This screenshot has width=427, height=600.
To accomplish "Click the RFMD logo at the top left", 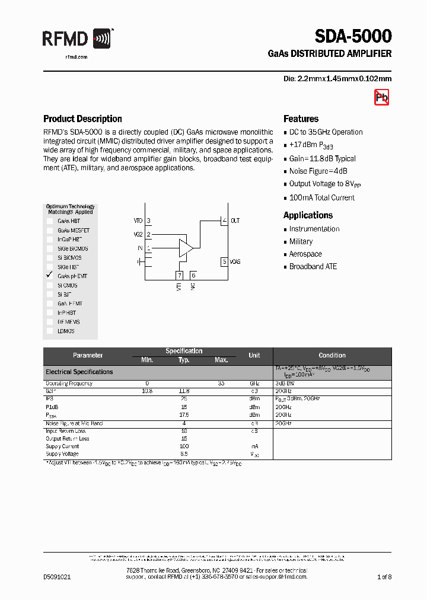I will pos(77,40).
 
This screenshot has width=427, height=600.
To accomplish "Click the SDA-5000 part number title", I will pos(352,37).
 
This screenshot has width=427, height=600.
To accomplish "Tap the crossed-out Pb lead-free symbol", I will pos(381,98).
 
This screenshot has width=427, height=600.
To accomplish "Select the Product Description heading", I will pos(82,119).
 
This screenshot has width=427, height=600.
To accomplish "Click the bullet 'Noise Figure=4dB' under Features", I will pos(320,171).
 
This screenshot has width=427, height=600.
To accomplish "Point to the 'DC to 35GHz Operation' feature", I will pos(326,132).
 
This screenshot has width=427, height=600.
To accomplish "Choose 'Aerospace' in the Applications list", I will pos(305,254).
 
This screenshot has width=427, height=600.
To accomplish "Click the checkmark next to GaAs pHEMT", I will pos(50,276).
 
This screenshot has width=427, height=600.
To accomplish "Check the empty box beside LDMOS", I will pos(50,331).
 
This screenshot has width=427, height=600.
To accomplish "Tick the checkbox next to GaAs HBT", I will pos(50,221).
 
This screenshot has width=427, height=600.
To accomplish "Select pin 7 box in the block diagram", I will pos(179,275).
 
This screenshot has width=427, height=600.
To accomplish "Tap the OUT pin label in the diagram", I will pos(235,221).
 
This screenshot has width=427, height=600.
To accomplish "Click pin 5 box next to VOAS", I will pos(224,261).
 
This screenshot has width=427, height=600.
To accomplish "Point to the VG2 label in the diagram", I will pos(138,234).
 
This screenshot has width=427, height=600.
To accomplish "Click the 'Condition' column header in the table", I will pos(332,355).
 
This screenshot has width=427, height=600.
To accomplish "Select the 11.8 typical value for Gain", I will pos(184,391).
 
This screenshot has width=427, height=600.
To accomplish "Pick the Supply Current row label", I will pos(62,446).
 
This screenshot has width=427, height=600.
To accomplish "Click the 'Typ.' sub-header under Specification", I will pos(184,360).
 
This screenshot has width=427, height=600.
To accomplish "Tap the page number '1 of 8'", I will pos(384,576).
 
